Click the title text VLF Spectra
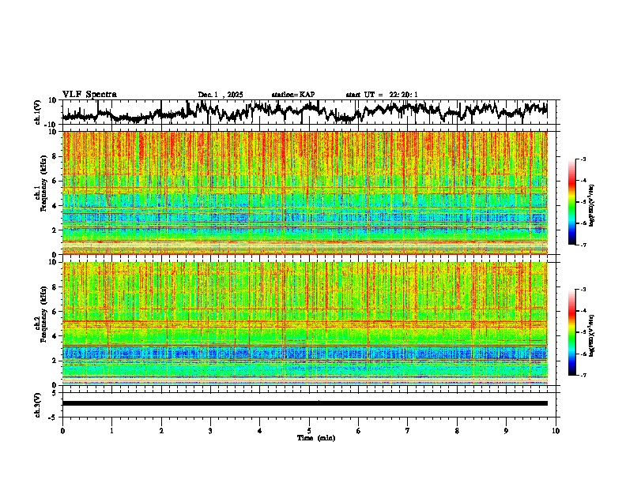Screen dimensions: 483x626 coord(89,94)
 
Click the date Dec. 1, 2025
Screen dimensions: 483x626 coord(221,95)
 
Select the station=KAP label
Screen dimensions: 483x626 coord(293,95)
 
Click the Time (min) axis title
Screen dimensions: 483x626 coord(315,437)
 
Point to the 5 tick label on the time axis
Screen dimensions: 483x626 coord(309,430)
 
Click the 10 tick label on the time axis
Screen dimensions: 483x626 coord(556,430)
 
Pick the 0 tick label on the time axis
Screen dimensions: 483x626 coord(62,430)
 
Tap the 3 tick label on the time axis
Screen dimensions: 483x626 coord(210,430)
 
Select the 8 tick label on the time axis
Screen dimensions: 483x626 coord(457,430)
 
